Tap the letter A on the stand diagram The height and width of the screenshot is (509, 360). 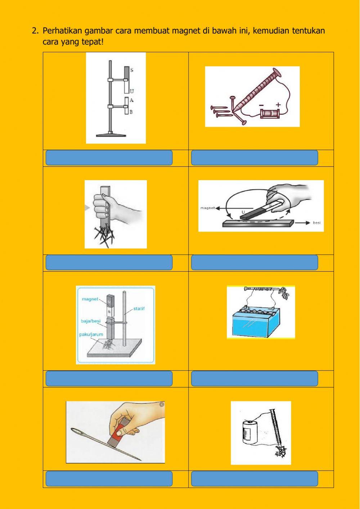(x=132, y=100)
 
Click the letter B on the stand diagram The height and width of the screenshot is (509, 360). (x=131, y=112)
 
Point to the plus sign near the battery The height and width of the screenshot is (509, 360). (x=278, y=104)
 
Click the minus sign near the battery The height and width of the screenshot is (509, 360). (x=262, y=105)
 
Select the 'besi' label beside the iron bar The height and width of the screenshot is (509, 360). (x=316, y=223)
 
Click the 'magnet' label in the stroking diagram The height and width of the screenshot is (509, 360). (x=207, y=208)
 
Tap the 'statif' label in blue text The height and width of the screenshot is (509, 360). (x=139, y=309)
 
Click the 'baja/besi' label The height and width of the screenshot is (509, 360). (x=91, y=321)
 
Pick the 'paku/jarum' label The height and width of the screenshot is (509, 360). (x=91, y=334)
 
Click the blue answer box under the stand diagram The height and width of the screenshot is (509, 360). (x=109, y=158)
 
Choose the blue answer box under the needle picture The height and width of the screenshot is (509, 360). (x=109, y=479)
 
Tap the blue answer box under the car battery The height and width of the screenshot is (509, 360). (x=255, y=379)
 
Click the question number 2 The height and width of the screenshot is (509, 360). (x=35, y=31)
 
